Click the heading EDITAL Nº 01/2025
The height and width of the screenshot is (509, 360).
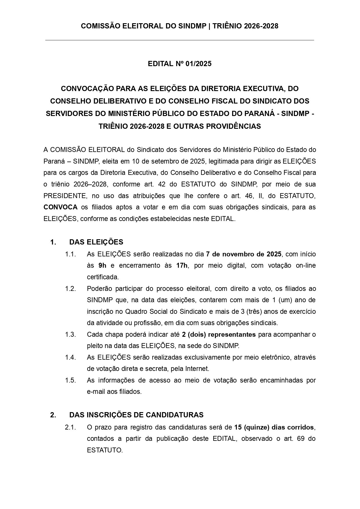pyautogui.click(x=180, y=64)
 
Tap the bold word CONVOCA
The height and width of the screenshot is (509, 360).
pyautogui.click(x=61, y=207)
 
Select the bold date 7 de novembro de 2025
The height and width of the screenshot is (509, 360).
pyautogui.click(x=243, y=254)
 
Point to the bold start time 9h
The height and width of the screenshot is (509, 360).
pyautogui.click(x=103, y=266)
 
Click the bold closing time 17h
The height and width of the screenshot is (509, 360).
pyautogui.click(x=182, y=266)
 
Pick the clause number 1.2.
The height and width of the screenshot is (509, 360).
pyautogui.click(x=70, y=289)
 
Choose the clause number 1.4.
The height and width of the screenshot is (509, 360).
pyautogui.click(x=70, y=358)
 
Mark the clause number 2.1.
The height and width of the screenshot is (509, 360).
pyautogui.click(x=70, y=428)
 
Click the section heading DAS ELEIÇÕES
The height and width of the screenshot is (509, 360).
pyautogui.click(x=96, y=242)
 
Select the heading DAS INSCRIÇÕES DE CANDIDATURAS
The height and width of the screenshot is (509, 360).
pyautogui.click(x=136, y=415)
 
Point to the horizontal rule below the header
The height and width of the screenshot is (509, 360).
pyautogui.click(x=180, y=40)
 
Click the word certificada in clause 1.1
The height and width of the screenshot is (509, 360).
pyautogui.click(x=103, y=277)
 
